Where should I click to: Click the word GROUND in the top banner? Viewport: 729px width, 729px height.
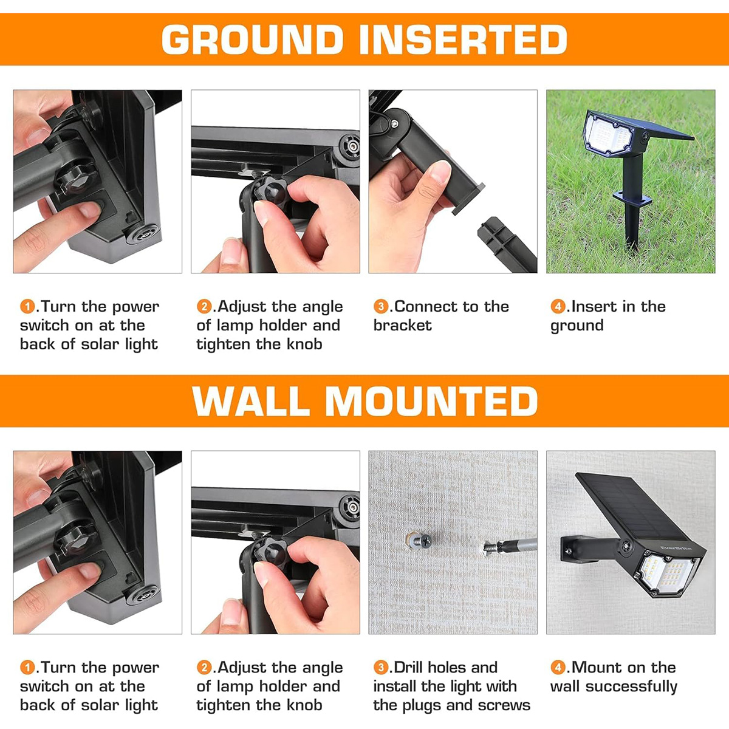pos(252,39)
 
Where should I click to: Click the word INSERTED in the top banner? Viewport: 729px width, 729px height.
pos(463,39)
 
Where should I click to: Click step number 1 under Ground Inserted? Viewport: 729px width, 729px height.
pos(27,306)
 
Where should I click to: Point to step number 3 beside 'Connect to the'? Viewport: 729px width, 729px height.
pos(380,306)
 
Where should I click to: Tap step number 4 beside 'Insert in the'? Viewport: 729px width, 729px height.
pos(558,306)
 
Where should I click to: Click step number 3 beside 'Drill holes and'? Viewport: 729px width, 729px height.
pos(380,667)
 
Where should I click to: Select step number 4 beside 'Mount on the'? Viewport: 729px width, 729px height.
pos(558,667)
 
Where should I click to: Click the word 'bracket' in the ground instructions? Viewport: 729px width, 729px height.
pos(403,326)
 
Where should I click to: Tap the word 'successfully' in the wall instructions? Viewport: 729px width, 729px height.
pos(631,686)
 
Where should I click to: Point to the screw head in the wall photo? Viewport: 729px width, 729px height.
pos(425,540)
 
